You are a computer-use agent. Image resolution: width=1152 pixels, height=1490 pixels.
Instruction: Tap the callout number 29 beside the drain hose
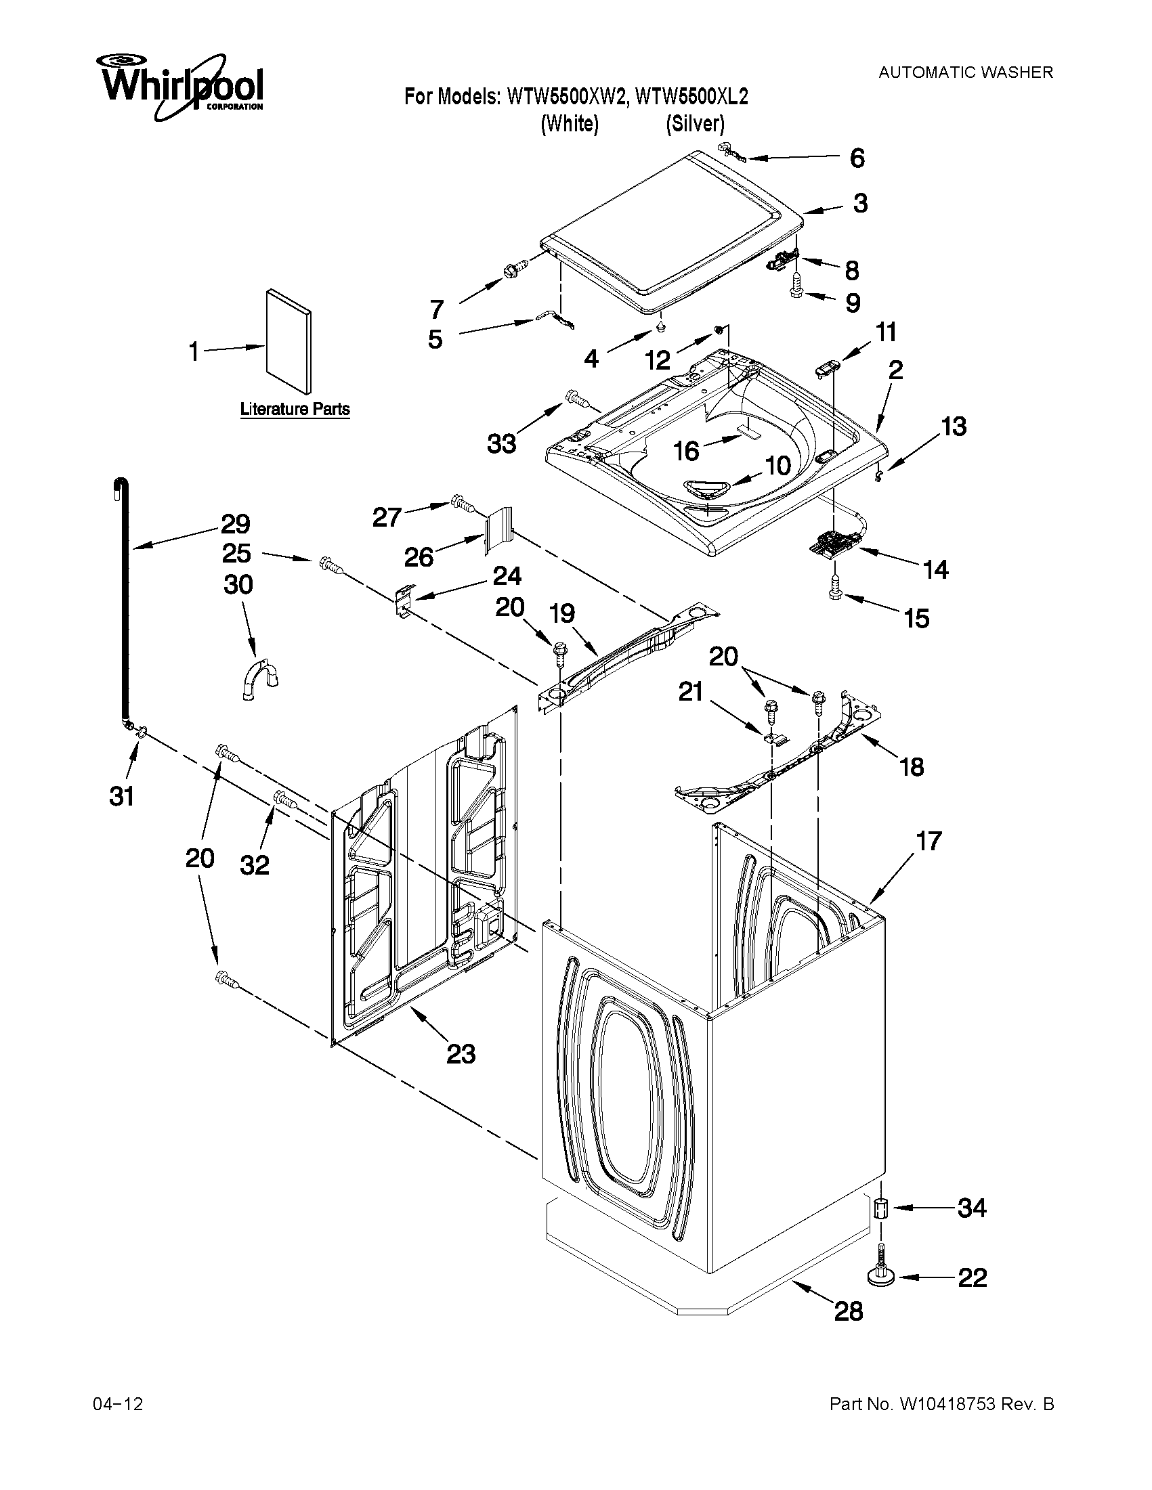coord(235,524)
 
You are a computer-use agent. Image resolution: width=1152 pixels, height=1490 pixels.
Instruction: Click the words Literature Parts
coord(295,410)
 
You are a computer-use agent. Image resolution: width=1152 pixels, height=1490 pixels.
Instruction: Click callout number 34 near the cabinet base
coord(972,1208)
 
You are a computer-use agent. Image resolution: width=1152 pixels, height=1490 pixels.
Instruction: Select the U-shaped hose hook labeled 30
coord(261,680)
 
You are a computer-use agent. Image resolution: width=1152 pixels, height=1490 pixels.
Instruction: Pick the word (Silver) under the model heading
coord(695,124)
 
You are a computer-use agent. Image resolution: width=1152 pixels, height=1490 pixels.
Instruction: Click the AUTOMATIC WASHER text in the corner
coord(965,72)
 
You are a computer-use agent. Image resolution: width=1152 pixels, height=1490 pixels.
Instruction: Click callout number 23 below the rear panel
coord(461,1055)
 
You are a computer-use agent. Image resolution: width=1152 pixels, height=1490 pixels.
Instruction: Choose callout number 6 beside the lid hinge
coord(857,158)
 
